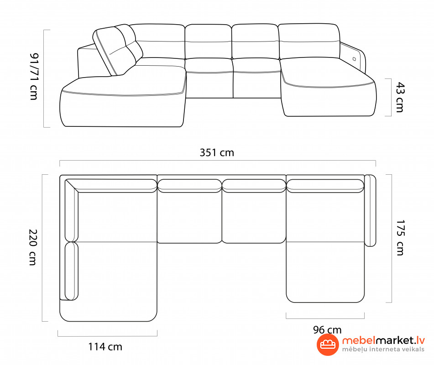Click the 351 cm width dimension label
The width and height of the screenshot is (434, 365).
pyautogui.click(x=217, y=152)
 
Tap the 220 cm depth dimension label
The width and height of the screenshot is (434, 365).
pyautogui.click(x=33, y=247)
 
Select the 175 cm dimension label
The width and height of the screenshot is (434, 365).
pyautogui.click(x=400, y=238)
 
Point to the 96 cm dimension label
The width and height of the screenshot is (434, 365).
pyautogui.click(x=327, y=329)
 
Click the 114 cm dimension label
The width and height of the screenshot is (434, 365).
pyautogui.click(x=105, y=346)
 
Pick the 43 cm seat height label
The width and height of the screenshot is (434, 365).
pyautogui.click(x=400, y=97)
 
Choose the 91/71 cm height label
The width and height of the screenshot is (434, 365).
pyautogui.click(x=34, y=76)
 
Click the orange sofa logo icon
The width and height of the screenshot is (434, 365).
pyautogui.click(x=328, y=344)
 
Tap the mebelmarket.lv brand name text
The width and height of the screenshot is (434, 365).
pyautogui.click(x=383, y=340)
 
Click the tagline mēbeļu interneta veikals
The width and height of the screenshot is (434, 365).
pyautogui.click(x=383, y=349)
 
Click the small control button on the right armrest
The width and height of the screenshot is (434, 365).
pyautogui.click(x=354, y=59)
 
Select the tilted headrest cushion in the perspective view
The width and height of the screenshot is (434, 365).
pyautogui.click(x=118, y=49)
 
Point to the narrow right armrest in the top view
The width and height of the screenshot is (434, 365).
pyautogui.click(x=371, y=210)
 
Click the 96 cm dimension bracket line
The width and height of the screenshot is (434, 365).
pyautogui.click(x=325, y=318)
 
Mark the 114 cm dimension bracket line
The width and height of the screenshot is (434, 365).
pyautogui.click(x=107, y=336)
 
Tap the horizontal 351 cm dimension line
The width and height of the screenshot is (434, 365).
pyautogui.click(x=218, y=160)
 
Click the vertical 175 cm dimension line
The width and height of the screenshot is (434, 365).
pyautogui.click(x=392, y=238)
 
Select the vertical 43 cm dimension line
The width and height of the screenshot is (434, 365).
pyautogui.click(x=391, y=97)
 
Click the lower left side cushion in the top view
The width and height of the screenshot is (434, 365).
pyautogui.click(x=71, y=271)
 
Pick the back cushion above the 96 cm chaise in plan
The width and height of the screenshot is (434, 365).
pyautogui.click(x=325, y=186)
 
